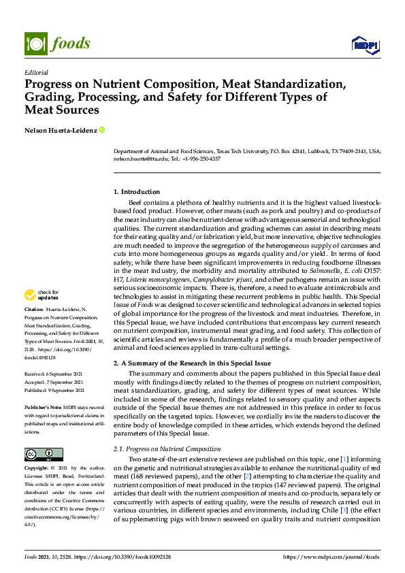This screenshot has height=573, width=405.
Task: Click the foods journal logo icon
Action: tap(34, 44)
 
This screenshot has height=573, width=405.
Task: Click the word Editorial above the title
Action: tap(35, 72)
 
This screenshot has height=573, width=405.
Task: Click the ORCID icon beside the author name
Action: tap(102, 129)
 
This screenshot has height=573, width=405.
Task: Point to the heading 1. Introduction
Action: tap(137, 192)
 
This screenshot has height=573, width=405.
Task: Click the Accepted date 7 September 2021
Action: tap(54, 382)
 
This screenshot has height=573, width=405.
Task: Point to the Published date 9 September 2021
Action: tap(55, 391)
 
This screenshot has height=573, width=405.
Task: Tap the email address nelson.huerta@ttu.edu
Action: tap(141, 159)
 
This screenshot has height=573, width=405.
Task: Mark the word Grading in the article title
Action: tap(51, 97)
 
